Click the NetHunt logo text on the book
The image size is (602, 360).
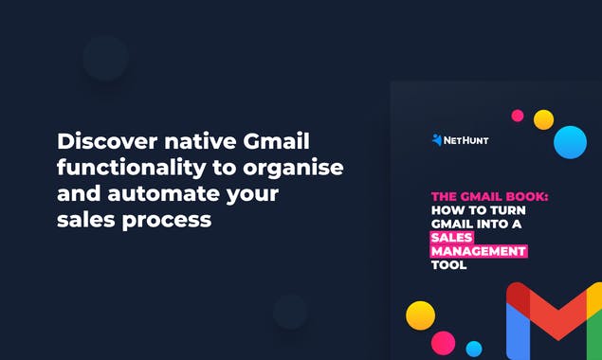466,140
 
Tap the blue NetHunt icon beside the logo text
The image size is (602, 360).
436,140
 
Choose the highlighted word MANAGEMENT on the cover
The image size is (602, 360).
479,251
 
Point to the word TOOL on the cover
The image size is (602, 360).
449,265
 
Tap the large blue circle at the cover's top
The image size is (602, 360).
570,141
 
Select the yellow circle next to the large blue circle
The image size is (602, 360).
543,119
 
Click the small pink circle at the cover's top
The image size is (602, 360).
518,116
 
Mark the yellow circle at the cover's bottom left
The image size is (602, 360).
420,315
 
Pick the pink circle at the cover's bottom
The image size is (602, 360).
443,342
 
